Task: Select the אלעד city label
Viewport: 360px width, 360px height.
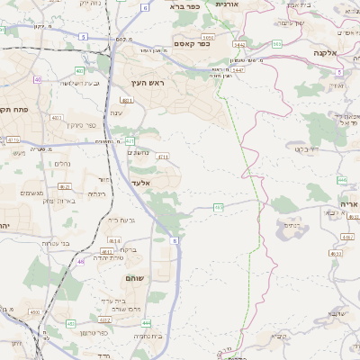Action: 140,183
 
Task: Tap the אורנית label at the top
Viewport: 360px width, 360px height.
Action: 225,4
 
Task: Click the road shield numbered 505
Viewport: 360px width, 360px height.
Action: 276,43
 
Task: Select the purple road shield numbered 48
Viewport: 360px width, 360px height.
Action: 80,262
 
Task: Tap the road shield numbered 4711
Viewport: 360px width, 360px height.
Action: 163,157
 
